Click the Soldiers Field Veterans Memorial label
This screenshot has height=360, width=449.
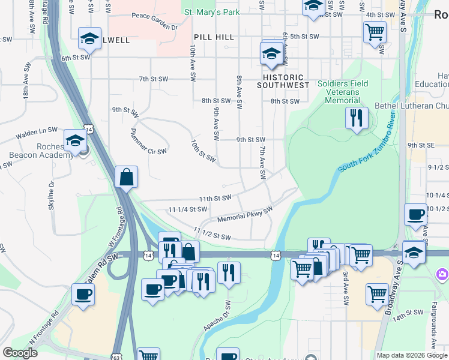[343, 92]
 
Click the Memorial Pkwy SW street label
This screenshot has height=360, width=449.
[245, 215]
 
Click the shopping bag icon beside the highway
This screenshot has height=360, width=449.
[127, 178]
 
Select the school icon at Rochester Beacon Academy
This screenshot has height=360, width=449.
[75, 141]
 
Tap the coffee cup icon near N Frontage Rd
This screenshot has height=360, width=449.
[83, 295]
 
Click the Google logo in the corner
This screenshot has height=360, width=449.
[20, 353]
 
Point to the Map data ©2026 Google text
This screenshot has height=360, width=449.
[411, 355]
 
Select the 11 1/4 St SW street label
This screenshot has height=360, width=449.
[188, 209]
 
